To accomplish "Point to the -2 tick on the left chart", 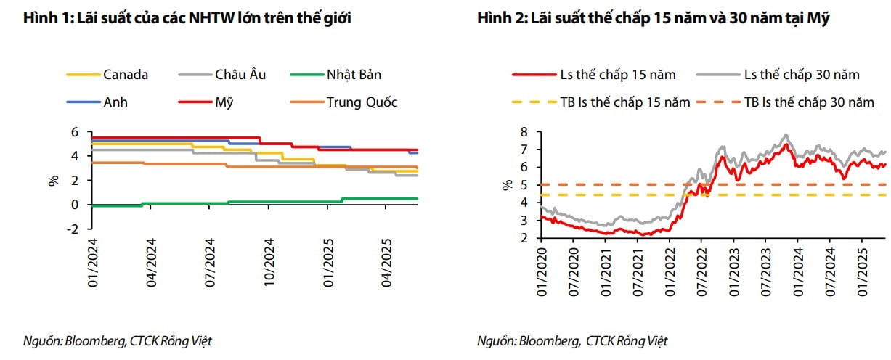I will [x=73, y=229].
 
